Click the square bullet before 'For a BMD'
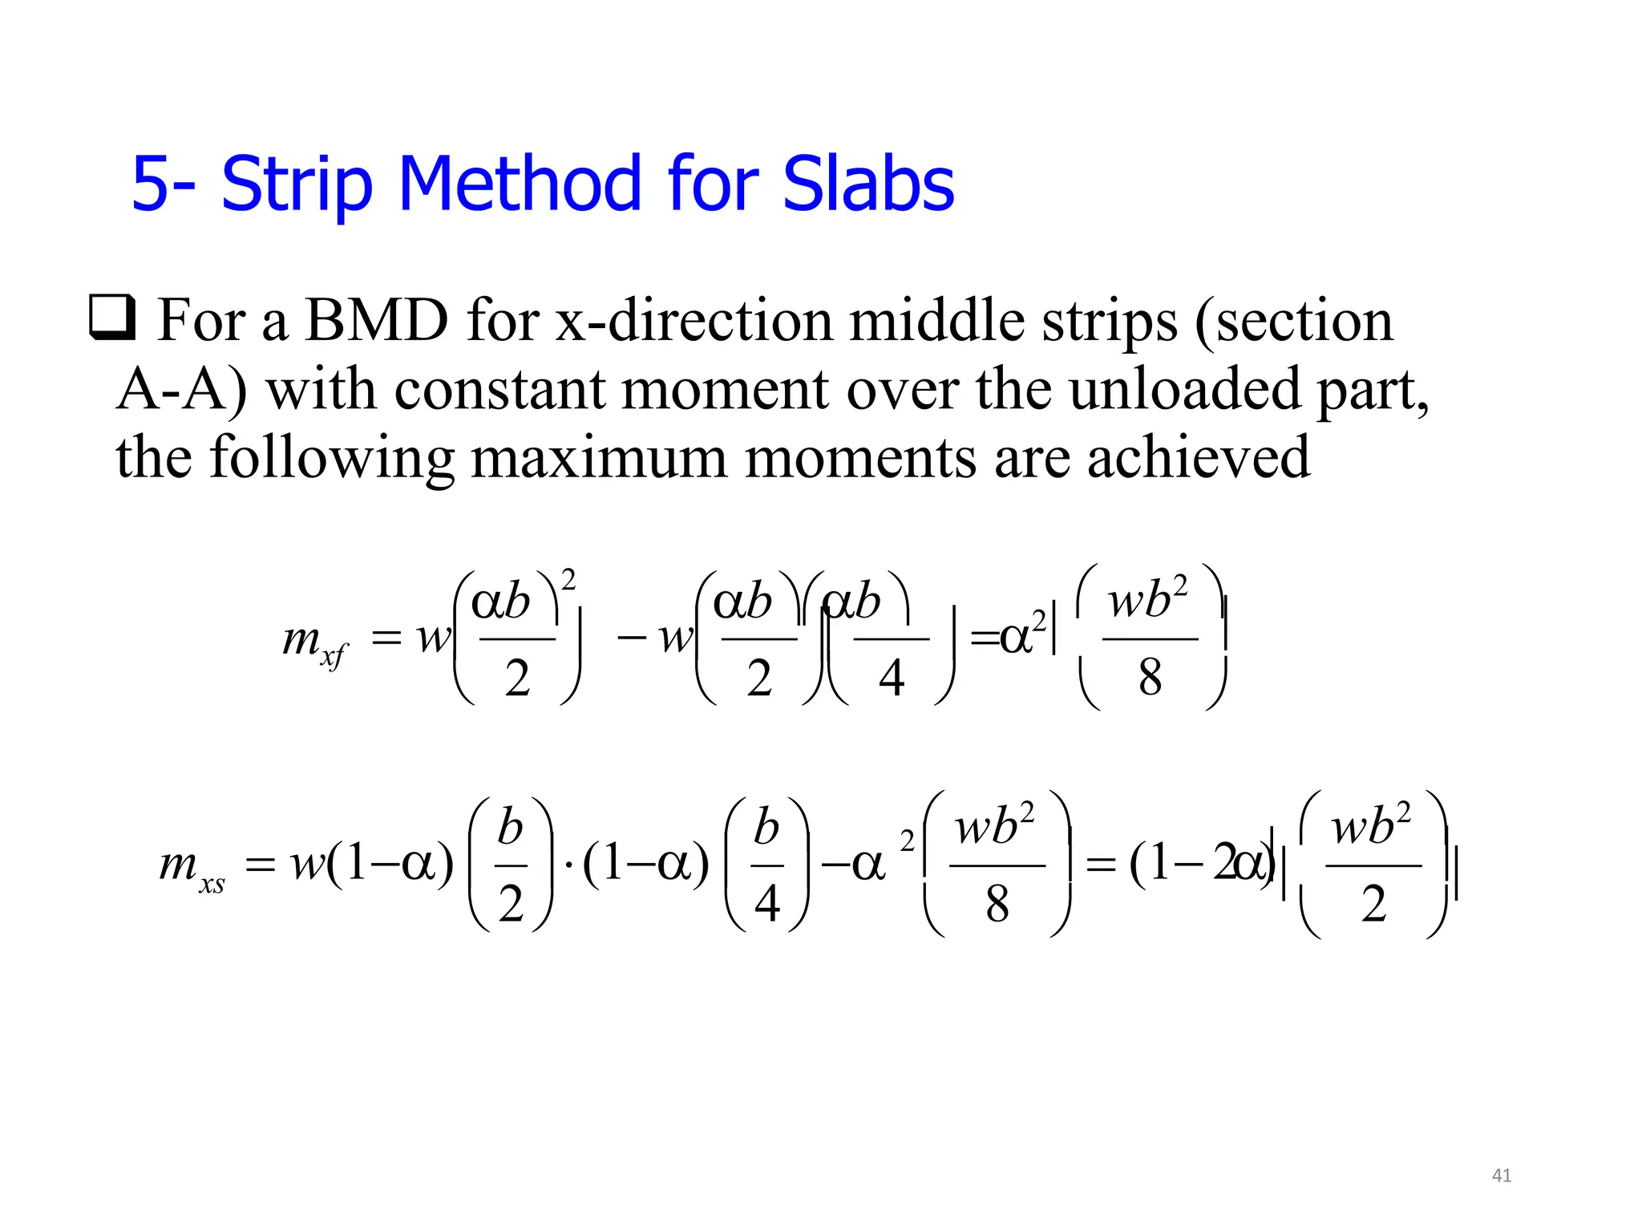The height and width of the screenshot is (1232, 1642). coord(111,318)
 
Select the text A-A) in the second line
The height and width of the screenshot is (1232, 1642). coord(181,390)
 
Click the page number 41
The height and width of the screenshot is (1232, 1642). coord(1501,1176)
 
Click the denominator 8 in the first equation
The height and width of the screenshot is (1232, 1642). coord(1150,677)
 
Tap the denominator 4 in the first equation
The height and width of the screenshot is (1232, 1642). coord(892,679)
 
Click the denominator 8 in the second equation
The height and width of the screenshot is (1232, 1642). coord(997,905)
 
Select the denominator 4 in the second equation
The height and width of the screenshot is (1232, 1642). coord(766,904)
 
